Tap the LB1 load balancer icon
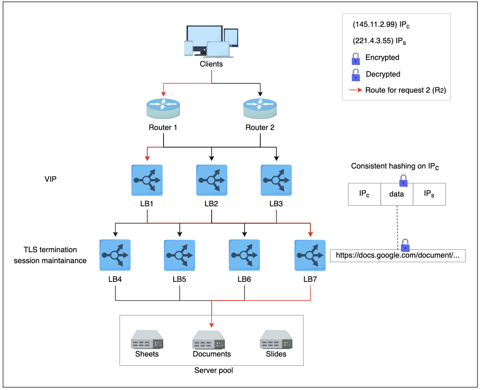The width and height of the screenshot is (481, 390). [x=147, y=180]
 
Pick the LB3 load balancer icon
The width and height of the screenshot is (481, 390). [x=276, y=180]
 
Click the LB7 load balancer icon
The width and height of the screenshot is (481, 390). [x=310, y=255]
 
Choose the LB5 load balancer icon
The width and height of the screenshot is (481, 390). [x=180, y=255]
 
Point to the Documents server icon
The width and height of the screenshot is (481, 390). [x=209, y=340]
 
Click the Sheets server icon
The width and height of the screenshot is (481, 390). [x=147, y=339]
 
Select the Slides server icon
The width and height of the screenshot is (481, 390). [x=276, y=339]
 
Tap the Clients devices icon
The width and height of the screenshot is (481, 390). [x=211, y=41]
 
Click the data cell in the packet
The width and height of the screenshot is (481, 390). [x=397, y=194]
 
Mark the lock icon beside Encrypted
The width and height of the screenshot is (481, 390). [x=356, y=59]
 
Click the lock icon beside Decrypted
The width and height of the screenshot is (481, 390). [x=356, y=75]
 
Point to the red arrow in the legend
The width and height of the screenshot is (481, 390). [x=356, y=90]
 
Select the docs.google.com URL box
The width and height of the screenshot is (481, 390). [x=397, y=255]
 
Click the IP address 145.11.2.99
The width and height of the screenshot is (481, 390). [x=375, y=25]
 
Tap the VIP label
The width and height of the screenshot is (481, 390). [x=51, y=179]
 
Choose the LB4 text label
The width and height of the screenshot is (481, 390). [x=115, y=279]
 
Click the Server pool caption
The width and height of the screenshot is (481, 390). [x=214, y=371]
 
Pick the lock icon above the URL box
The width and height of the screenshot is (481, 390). [x=405, y=245]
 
